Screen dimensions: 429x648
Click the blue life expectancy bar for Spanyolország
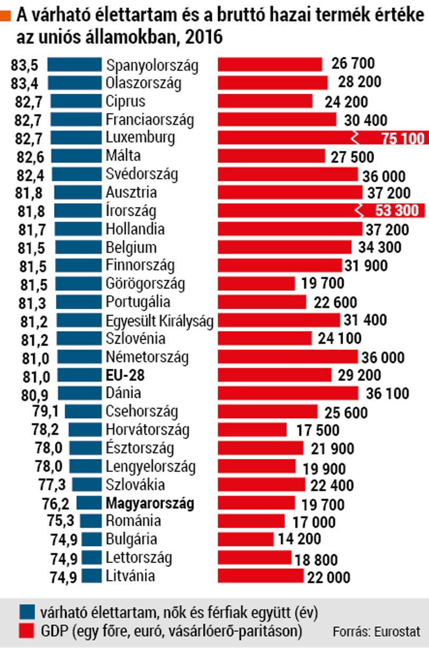75,64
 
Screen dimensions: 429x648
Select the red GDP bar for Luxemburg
323,137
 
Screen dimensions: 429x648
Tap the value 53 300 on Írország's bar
397,210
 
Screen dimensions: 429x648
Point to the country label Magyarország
150,504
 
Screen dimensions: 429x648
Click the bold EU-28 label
125,375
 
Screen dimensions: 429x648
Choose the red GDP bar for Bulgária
245,539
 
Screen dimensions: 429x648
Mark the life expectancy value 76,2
56,504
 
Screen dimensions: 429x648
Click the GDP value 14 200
299,539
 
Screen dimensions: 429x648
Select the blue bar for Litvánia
92,576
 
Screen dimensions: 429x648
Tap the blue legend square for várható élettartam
27,612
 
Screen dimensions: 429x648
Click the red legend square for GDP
26,631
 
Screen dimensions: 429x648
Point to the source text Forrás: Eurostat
377,632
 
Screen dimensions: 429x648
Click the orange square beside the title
5,15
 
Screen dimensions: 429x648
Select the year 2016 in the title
204,37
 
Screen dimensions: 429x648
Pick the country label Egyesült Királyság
159,321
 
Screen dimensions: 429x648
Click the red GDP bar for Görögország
256,283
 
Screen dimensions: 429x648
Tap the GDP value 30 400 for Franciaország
365,120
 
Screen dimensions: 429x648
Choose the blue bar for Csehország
83,411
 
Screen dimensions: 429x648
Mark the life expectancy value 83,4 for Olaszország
24,84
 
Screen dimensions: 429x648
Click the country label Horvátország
147,430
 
